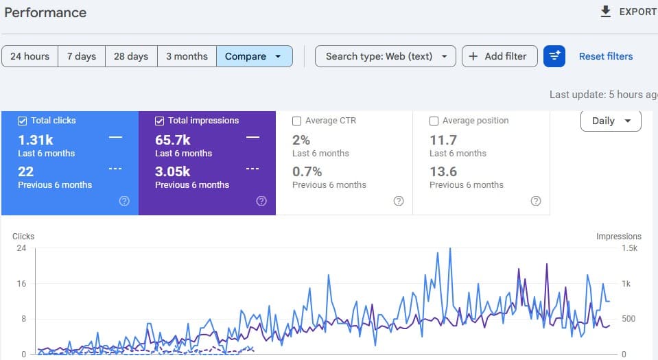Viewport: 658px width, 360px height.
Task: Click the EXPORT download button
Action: coord(628,12)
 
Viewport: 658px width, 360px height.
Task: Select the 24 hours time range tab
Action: coord(30,56)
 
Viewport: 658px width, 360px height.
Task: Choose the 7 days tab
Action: coord(82,56)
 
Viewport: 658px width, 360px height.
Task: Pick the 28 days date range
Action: coord(131,56)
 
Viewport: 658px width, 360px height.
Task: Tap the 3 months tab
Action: coord(187,56)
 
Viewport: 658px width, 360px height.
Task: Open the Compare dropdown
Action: coord(255,56)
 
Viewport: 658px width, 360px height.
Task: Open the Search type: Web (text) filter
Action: coord(385,56)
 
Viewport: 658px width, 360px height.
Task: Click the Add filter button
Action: coord(500,56)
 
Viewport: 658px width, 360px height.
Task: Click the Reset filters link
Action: coord(606,56)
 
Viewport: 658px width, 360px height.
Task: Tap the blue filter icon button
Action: coord(554,56)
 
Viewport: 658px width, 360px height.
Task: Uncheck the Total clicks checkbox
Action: coord(22,121)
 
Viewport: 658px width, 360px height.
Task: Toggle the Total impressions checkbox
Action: coord(159,121)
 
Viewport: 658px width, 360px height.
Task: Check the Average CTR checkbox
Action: coord(296,121)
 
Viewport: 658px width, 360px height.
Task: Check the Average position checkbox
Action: coord(434,121)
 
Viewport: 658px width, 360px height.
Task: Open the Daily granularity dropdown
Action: coord(611,121)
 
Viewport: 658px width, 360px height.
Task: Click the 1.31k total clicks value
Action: coord(36,140)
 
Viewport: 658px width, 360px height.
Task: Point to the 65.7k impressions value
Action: coord(172,140)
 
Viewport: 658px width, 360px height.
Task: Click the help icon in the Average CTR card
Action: coord(399,201)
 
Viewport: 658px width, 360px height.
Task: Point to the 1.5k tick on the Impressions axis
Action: coord(629,248)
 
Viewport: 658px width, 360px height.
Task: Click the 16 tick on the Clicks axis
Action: coord(21,284)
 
